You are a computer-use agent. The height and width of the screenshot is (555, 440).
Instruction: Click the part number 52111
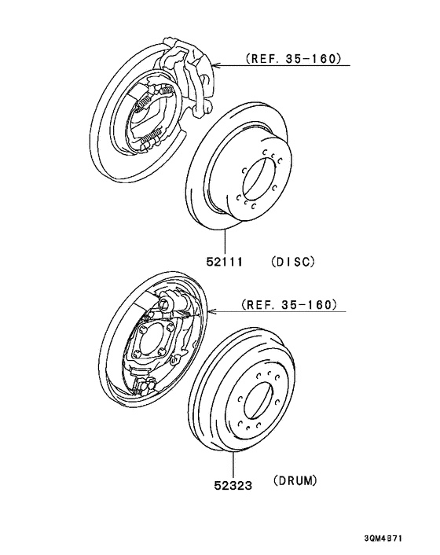(225, 262)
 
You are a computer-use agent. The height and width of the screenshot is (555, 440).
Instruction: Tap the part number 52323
(233, 485)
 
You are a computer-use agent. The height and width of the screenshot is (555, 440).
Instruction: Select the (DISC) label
(293, 262)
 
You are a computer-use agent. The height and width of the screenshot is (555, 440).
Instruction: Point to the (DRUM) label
(295, 480)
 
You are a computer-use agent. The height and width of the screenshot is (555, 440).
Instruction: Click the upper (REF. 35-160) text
(294, 58)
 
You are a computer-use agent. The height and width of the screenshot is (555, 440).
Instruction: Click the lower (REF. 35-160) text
(289, 304)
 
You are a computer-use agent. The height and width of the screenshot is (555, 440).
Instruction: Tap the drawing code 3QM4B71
(383, 538)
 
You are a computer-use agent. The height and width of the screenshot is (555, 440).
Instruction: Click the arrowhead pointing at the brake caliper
(216, 65)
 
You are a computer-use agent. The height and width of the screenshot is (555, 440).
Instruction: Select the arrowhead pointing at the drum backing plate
(213, 311)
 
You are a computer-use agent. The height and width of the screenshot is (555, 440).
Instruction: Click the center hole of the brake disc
(259, 181)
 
